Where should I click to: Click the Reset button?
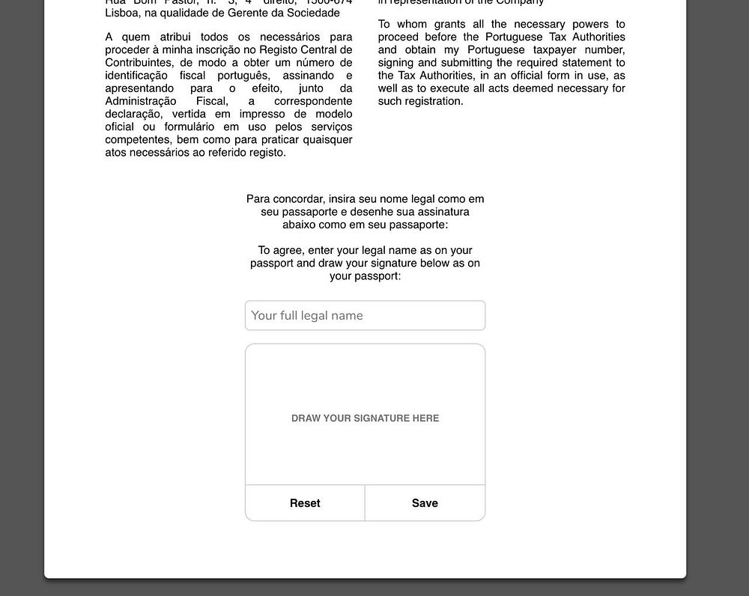click(305, 503)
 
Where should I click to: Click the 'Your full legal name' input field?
click(365, 315)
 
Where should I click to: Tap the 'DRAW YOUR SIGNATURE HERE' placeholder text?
click(365, 419)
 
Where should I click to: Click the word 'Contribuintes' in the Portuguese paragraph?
click(139, 63)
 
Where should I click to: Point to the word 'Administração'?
click(141, 101)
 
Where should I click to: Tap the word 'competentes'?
click(135, 139)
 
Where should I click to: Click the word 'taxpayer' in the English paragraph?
click(555, 50)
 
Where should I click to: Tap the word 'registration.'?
click(434, 101)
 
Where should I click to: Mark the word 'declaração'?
click(133, 114)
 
